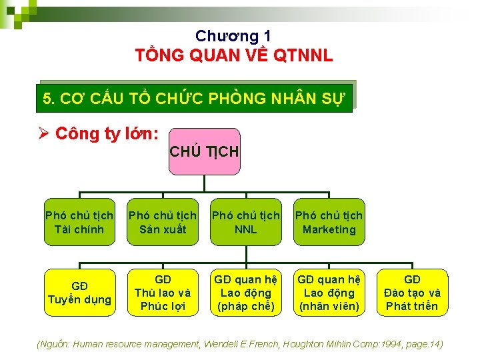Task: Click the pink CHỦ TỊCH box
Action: (203, 152)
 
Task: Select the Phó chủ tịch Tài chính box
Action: (79, 223)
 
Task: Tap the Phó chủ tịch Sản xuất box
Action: (163, 223)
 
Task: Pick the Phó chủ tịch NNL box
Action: (246, 223)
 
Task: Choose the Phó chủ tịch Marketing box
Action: (329, 223)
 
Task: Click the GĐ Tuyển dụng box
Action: (79, 293)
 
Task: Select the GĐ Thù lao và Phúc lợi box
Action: (163, 293)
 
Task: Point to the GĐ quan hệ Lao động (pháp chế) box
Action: (246, 293)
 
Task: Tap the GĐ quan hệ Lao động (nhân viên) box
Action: (329, 293)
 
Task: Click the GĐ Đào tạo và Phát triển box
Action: (412, 293)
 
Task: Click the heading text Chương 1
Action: (233, 36)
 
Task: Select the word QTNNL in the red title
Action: (302, 55)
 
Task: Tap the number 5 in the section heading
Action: (47, 99)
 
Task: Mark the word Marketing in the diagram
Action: (329, 230)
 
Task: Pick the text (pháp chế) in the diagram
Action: (246, 307)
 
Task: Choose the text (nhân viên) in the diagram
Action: (329, 307)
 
